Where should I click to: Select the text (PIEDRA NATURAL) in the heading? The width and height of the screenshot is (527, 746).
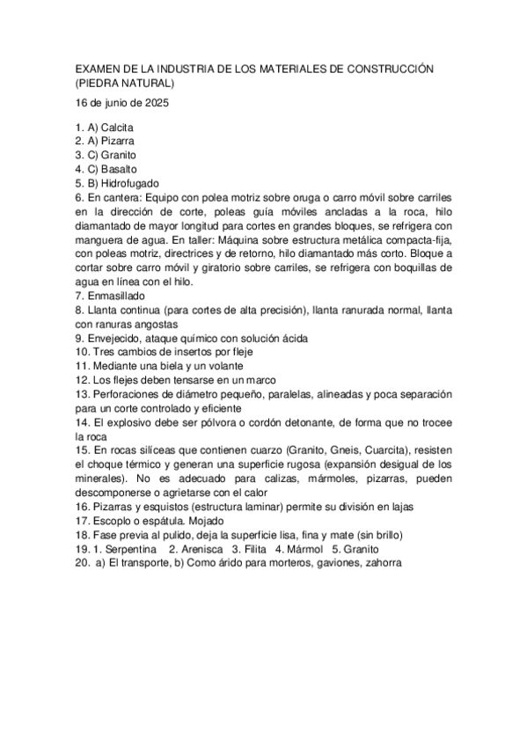[126, 84]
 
